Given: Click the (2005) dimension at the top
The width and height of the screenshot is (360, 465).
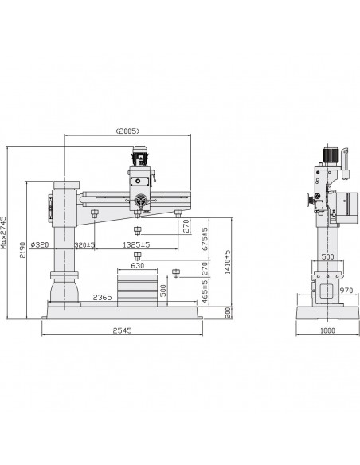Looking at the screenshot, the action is pyautogui.click(x=127, y=131).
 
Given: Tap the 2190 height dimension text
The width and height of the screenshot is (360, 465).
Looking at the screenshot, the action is pyautogui.click(x=22, y=250).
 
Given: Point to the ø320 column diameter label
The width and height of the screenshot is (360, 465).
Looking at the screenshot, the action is pyautogui.click(x=40, y=245).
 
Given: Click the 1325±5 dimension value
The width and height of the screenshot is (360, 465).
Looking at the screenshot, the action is pyautogui.click(x=136, y=245).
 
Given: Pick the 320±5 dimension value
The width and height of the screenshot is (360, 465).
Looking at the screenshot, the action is pyautogui.click(x=84, y=245).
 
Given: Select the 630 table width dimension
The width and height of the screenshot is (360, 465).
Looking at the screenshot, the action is pyautogui.click(x=138, y=265).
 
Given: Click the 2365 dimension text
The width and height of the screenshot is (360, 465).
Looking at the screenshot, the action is pyautogui.click(x=102, y=297).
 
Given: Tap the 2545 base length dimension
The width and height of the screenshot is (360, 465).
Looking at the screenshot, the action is pyautogui.click(x=122, y=330).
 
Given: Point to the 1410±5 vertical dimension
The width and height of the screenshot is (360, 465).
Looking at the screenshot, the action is pyautogui.click(x=227, y=262).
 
